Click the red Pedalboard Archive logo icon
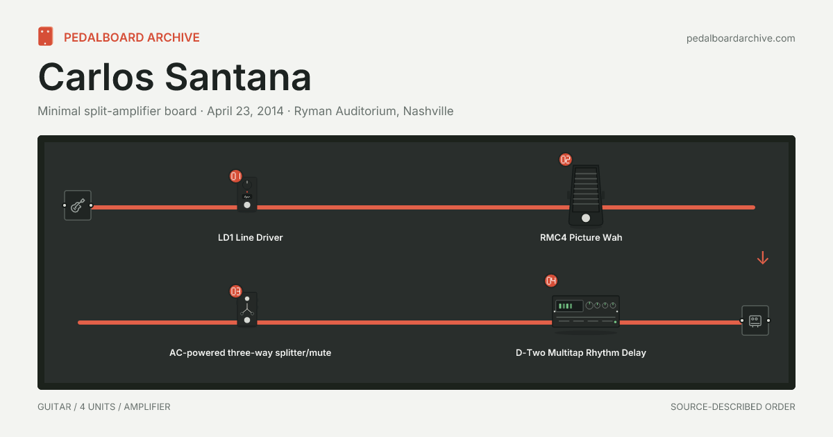point(45,36)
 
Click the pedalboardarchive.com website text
point(741,38)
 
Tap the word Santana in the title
point(237,77)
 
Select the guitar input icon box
point(77,205)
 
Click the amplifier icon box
point(755,320)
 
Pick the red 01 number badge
point(236,176)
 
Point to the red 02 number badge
point(566,160)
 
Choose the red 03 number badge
point(236,291)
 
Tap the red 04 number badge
point(551,281)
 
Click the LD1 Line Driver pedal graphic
point(247,195)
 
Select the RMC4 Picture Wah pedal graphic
point(586,195)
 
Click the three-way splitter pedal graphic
point(247,309)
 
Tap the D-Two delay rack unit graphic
point(586,311)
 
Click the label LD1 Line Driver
point(251,237)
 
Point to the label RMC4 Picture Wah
point(581,237)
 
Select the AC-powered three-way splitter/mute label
point(251,352)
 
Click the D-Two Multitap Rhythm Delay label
point(581,352)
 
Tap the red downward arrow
point(763,258)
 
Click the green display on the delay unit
point(569,306)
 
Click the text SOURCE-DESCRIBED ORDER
point(733,407)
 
